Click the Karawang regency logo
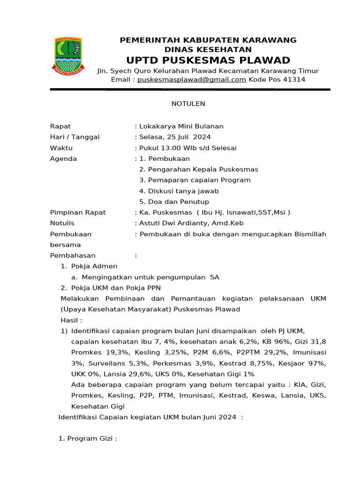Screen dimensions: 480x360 (x=67, y=56)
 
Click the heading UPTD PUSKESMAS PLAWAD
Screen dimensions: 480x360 (x=208, y=60)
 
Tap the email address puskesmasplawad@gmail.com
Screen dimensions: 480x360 (x=192, y=80)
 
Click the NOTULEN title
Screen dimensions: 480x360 (x=188, y=104)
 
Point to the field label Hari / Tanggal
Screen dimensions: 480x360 (x=75, y=137)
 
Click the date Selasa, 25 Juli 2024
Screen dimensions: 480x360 (x=175, y=137)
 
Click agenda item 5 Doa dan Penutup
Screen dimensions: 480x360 (x=174, y=202)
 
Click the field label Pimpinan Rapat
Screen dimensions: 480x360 (x=78, y=212)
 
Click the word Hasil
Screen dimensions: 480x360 (x=70, y=320)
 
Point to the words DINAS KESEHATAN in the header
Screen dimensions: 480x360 (x=208, y=50)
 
